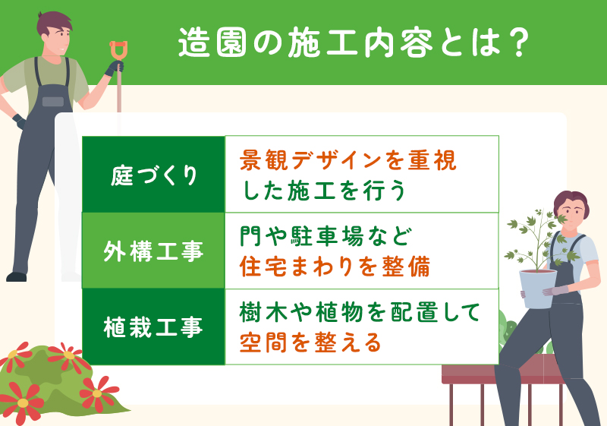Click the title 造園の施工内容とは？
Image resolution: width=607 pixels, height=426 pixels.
[x=352, y=43]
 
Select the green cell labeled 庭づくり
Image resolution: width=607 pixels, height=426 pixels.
[x=154, y=175]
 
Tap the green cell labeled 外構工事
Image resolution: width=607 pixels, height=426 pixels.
[x=154, y=251]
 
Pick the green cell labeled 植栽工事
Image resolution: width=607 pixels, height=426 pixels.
[x=154, y=327]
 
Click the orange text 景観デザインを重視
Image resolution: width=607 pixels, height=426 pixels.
[x=348, y=160]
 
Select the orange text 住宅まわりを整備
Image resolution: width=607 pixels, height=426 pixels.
[x=335, y=266]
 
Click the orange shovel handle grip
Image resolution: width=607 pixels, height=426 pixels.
[x=118, y=50]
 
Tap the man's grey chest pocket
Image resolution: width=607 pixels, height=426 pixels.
[x=52, y=101]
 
